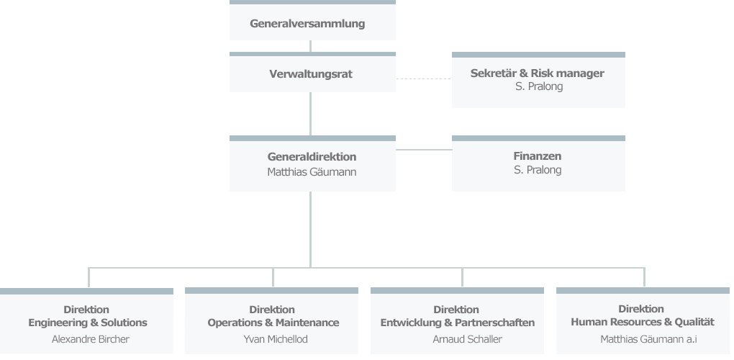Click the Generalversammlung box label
click(x=307, y=24)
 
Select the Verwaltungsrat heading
click(x=311, y=74)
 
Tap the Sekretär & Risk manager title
click(x=538, y=73)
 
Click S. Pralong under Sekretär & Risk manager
click(x=538, y=86)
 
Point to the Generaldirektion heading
click(x=312, y=157)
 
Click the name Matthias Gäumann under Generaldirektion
click(x=312, y=172)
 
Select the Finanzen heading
click(x=538, y=156)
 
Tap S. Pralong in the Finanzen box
click(x=538, y=170)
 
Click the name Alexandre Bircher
click(x=91, y=339)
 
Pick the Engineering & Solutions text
click(x=88, y=323)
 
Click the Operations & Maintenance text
click(x=273, y=323)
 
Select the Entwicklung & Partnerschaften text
click(x=458, y=323)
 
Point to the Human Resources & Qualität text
click(x=643, y=323)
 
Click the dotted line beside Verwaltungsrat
click(x=423, y=78)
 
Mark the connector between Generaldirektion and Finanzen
click(x=423, y=150)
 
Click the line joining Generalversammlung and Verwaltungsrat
click(x=311, y=46)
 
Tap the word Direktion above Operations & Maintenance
click(x=272, y=310)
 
